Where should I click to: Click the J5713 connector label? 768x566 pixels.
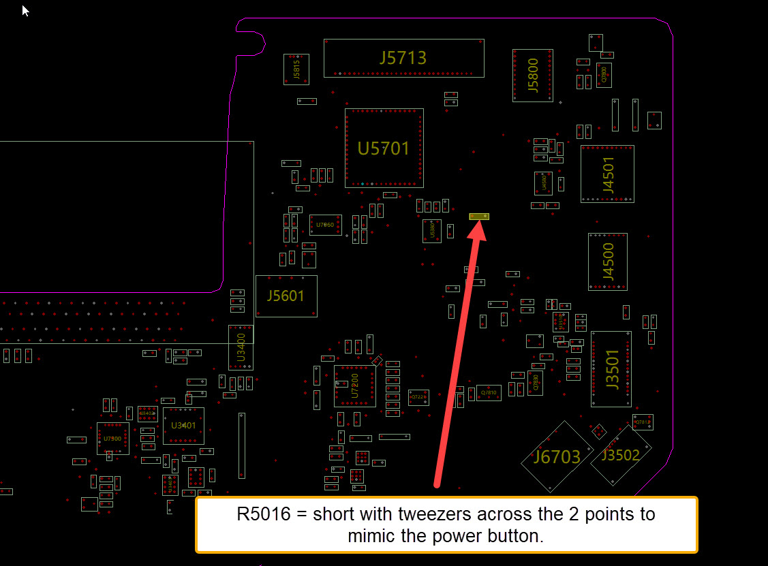click(x=403, y=58)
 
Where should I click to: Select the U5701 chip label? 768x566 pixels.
click(x=384, y=148)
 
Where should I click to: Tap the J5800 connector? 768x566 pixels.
click(x=533, y=75)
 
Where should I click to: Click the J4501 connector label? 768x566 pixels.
click(x=608, y=174)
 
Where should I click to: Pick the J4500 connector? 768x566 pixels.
click(x=608, y=262)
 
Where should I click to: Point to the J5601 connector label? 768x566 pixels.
click(x=286, y=296)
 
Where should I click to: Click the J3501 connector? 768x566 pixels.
click(x=611, y=369)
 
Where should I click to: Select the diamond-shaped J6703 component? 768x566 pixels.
click(x=557, y=456)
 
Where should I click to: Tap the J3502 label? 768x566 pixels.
click(x=621, y=454)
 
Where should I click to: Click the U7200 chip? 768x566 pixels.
click(x=354, y=386)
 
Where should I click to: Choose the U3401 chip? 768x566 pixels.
click(x=183, y=426)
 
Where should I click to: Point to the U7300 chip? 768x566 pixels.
click(x=112, y=438)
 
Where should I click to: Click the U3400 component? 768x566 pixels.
click(x=241, y=347)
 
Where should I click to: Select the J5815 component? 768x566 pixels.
click(x=296, y=69)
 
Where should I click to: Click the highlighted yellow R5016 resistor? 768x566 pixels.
click(x=479, y=217)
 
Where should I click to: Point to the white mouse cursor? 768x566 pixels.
click(x=25, y=10)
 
